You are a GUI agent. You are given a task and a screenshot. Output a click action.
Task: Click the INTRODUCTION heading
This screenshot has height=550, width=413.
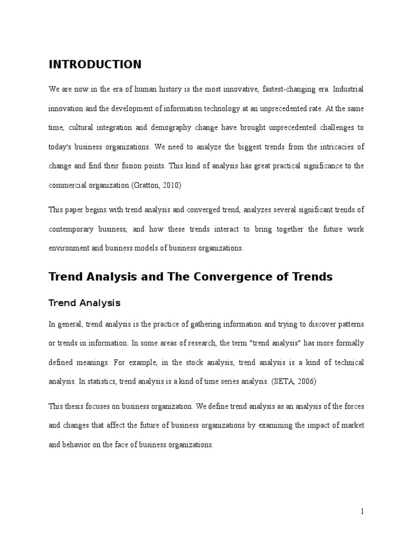95,65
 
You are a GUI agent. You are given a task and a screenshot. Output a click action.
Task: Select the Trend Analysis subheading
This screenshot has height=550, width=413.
84,303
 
